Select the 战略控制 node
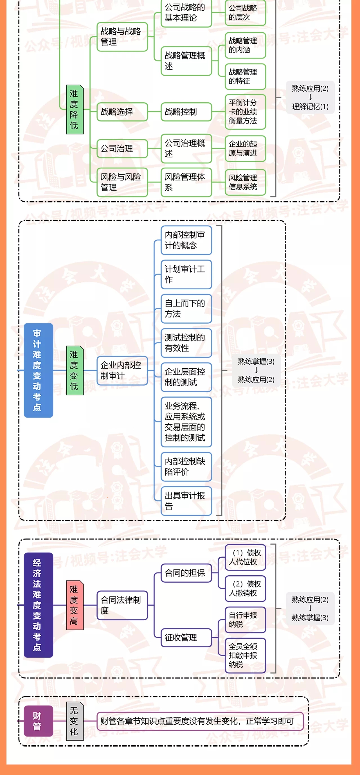[186, 112]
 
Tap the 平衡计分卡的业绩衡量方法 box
[245, 112]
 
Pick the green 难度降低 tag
[75, 109]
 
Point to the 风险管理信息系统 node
[245, 182]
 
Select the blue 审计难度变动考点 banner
[39, 370]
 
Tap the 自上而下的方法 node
[186, 309]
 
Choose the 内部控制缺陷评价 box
[186, 467]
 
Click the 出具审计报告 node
[186, 501]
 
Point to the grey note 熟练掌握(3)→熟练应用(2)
[256, 371]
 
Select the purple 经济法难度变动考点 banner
[39, 605]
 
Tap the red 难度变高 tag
[75, 605]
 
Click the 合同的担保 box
[186, 573]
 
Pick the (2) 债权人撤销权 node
[245, 589]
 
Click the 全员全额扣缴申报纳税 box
[245, 655]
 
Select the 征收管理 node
[186, 637]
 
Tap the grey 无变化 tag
[75, 721]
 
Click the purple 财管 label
[39, 721]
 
